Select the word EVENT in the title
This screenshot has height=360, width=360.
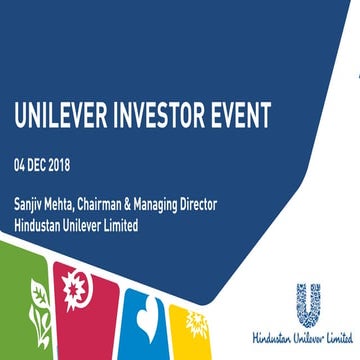pos(258,118)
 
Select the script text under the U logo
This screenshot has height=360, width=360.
pos(310,342)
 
